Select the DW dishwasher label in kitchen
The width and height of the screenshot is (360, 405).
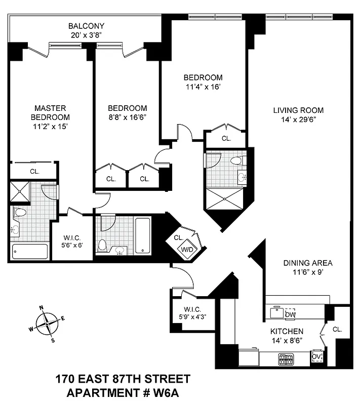pyautogui.click(x=290, y=314)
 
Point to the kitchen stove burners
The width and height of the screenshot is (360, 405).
pyautogui.click(x=286, y=359)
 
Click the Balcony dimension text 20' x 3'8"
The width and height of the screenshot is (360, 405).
pyautogui.click(x=87, y=35)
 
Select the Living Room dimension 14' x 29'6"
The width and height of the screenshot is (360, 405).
pyautogui.click(x=298, y=119)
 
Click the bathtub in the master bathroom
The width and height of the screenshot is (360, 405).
pyautogui.click(x=30, y=251)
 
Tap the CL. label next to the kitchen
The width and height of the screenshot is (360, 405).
pyautogui.click(x=338, y=329)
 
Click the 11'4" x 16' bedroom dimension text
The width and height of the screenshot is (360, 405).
pyautogui.click(x=203, y=86)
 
